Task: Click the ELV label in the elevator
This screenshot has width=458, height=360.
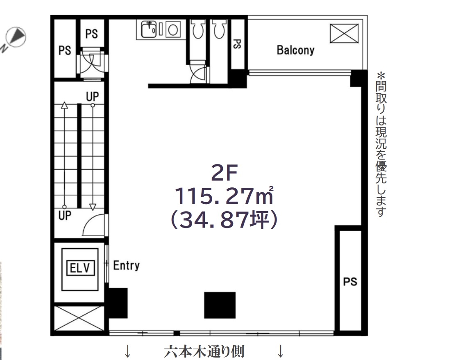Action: [x=80, y=268]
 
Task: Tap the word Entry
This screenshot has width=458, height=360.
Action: [x=126, y=266]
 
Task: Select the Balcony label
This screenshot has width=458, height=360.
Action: [x=295, y=50]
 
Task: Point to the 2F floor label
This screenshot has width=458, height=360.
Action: [x=224, y=173]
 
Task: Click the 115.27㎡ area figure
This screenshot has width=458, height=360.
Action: [x=224, y=196]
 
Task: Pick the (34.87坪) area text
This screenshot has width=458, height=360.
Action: [x=224, y=220]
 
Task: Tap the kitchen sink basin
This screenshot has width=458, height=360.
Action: [x=149, y=30]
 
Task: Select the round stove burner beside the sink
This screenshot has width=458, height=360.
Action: [x=173, y=30]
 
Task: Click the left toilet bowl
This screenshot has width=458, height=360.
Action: [x=198, y=30]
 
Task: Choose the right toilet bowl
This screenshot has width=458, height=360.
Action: [x=219, y=30]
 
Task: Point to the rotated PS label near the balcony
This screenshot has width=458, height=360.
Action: [x=237, y=44]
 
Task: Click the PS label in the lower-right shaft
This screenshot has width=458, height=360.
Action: [x=350, y=282]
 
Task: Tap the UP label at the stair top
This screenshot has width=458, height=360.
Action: [x=92, y=96]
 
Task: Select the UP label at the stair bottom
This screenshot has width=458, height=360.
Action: [x=65, y=216]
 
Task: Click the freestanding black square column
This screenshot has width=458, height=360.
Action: [x=220, y=305]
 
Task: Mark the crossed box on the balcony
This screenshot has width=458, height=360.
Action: [x=344, y=33]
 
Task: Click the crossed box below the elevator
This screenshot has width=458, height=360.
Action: [x=79, y=318]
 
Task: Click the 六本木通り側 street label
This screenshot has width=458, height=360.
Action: [x=204, y=351]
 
